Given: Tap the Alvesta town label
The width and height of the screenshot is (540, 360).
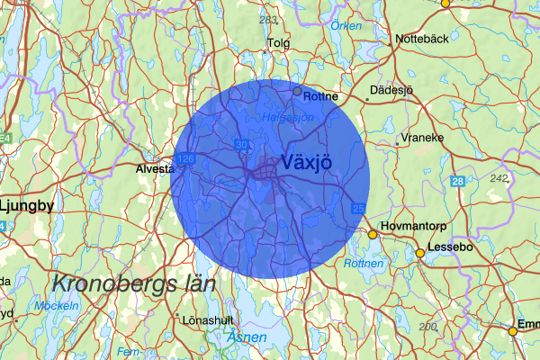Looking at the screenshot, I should click(154, 168).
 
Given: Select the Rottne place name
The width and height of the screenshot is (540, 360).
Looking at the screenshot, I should click(321, 96).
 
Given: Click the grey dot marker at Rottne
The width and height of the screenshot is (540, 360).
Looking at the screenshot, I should click(297, 91).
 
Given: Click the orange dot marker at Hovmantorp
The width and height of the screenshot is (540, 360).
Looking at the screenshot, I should click(373, 235).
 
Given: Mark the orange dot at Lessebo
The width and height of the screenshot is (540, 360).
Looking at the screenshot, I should click(419, 254).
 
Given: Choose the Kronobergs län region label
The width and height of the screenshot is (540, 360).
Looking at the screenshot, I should click(133, 283).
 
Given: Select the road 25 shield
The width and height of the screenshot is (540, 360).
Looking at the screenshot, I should click(358, 209).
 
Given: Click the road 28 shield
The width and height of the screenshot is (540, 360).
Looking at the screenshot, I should click(458, 183).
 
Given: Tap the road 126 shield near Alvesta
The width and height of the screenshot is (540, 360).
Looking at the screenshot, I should click(186, 159).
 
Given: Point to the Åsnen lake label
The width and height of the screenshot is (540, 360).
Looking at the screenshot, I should click(247, 337).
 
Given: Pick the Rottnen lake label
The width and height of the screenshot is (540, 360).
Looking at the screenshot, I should click(364, 264).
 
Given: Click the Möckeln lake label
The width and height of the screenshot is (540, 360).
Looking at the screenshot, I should click(56, 306).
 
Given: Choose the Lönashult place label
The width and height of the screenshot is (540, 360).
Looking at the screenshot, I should click(207, 319).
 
